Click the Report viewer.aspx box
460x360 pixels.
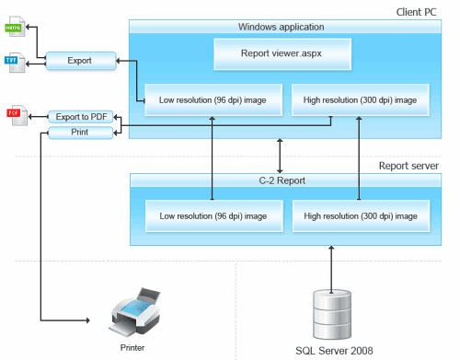[x=281, y=53]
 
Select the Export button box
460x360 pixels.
[x=81, y=62]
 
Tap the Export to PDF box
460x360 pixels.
[x=81, y=116]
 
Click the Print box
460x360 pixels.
[x=81, y=133]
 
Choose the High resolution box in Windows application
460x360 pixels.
[x=353, y=99]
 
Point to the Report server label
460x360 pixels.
[x=408, y=166]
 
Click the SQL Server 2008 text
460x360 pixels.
[x=331, y=351]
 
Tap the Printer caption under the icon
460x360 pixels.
[x=132, y=348]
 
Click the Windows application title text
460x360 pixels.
[x=281, y=28]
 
